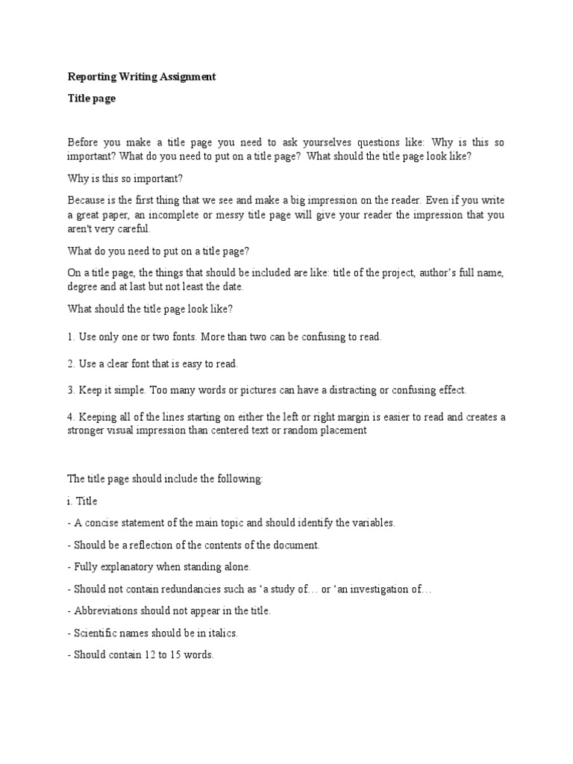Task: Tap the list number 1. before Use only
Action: [72, 337]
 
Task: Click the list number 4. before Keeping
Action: [72, 417]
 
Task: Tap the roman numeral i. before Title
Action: [70, 501]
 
